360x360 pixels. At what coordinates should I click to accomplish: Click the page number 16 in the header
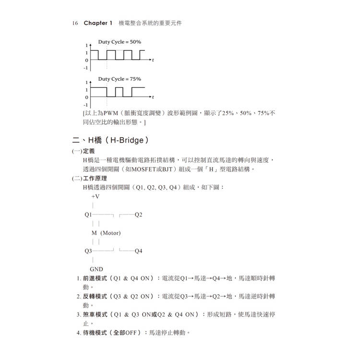[75, 23]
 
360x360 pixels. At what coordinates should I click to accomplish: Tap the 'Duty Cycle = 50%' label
[120, 42]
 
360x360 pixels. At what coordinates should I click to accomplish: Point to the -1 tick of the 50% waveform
[86, 68]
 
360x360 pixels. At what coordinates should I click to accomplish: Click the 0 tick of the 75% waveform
[87, 97]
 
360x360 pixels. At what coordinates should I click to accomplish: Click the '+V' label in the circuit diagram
[96, 196]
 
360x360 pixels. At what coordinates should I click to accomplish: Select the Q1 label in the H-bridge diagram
[88, 215]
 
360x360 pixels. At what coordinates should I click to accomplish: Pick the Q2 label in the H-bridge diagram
[139, 215]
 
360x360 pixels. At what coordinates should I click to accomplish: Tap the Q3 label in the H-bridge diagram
[88, 251]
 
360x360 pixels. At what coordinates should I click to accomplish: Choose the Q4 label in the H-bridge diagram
[139, 251]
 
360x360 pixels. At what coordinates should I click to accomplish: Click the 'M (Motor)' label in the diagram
[106, 233]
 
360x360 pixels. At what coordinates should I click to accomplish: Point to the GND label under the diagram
[96, 269]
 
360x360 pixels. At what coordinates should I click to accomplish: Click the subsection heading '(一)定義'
[84, 151]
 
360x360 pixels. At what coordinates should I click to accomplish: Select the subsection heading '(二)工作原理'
[90, 178]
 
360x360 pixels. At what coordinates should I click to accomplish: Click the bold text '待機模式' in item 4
[95, 332]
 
